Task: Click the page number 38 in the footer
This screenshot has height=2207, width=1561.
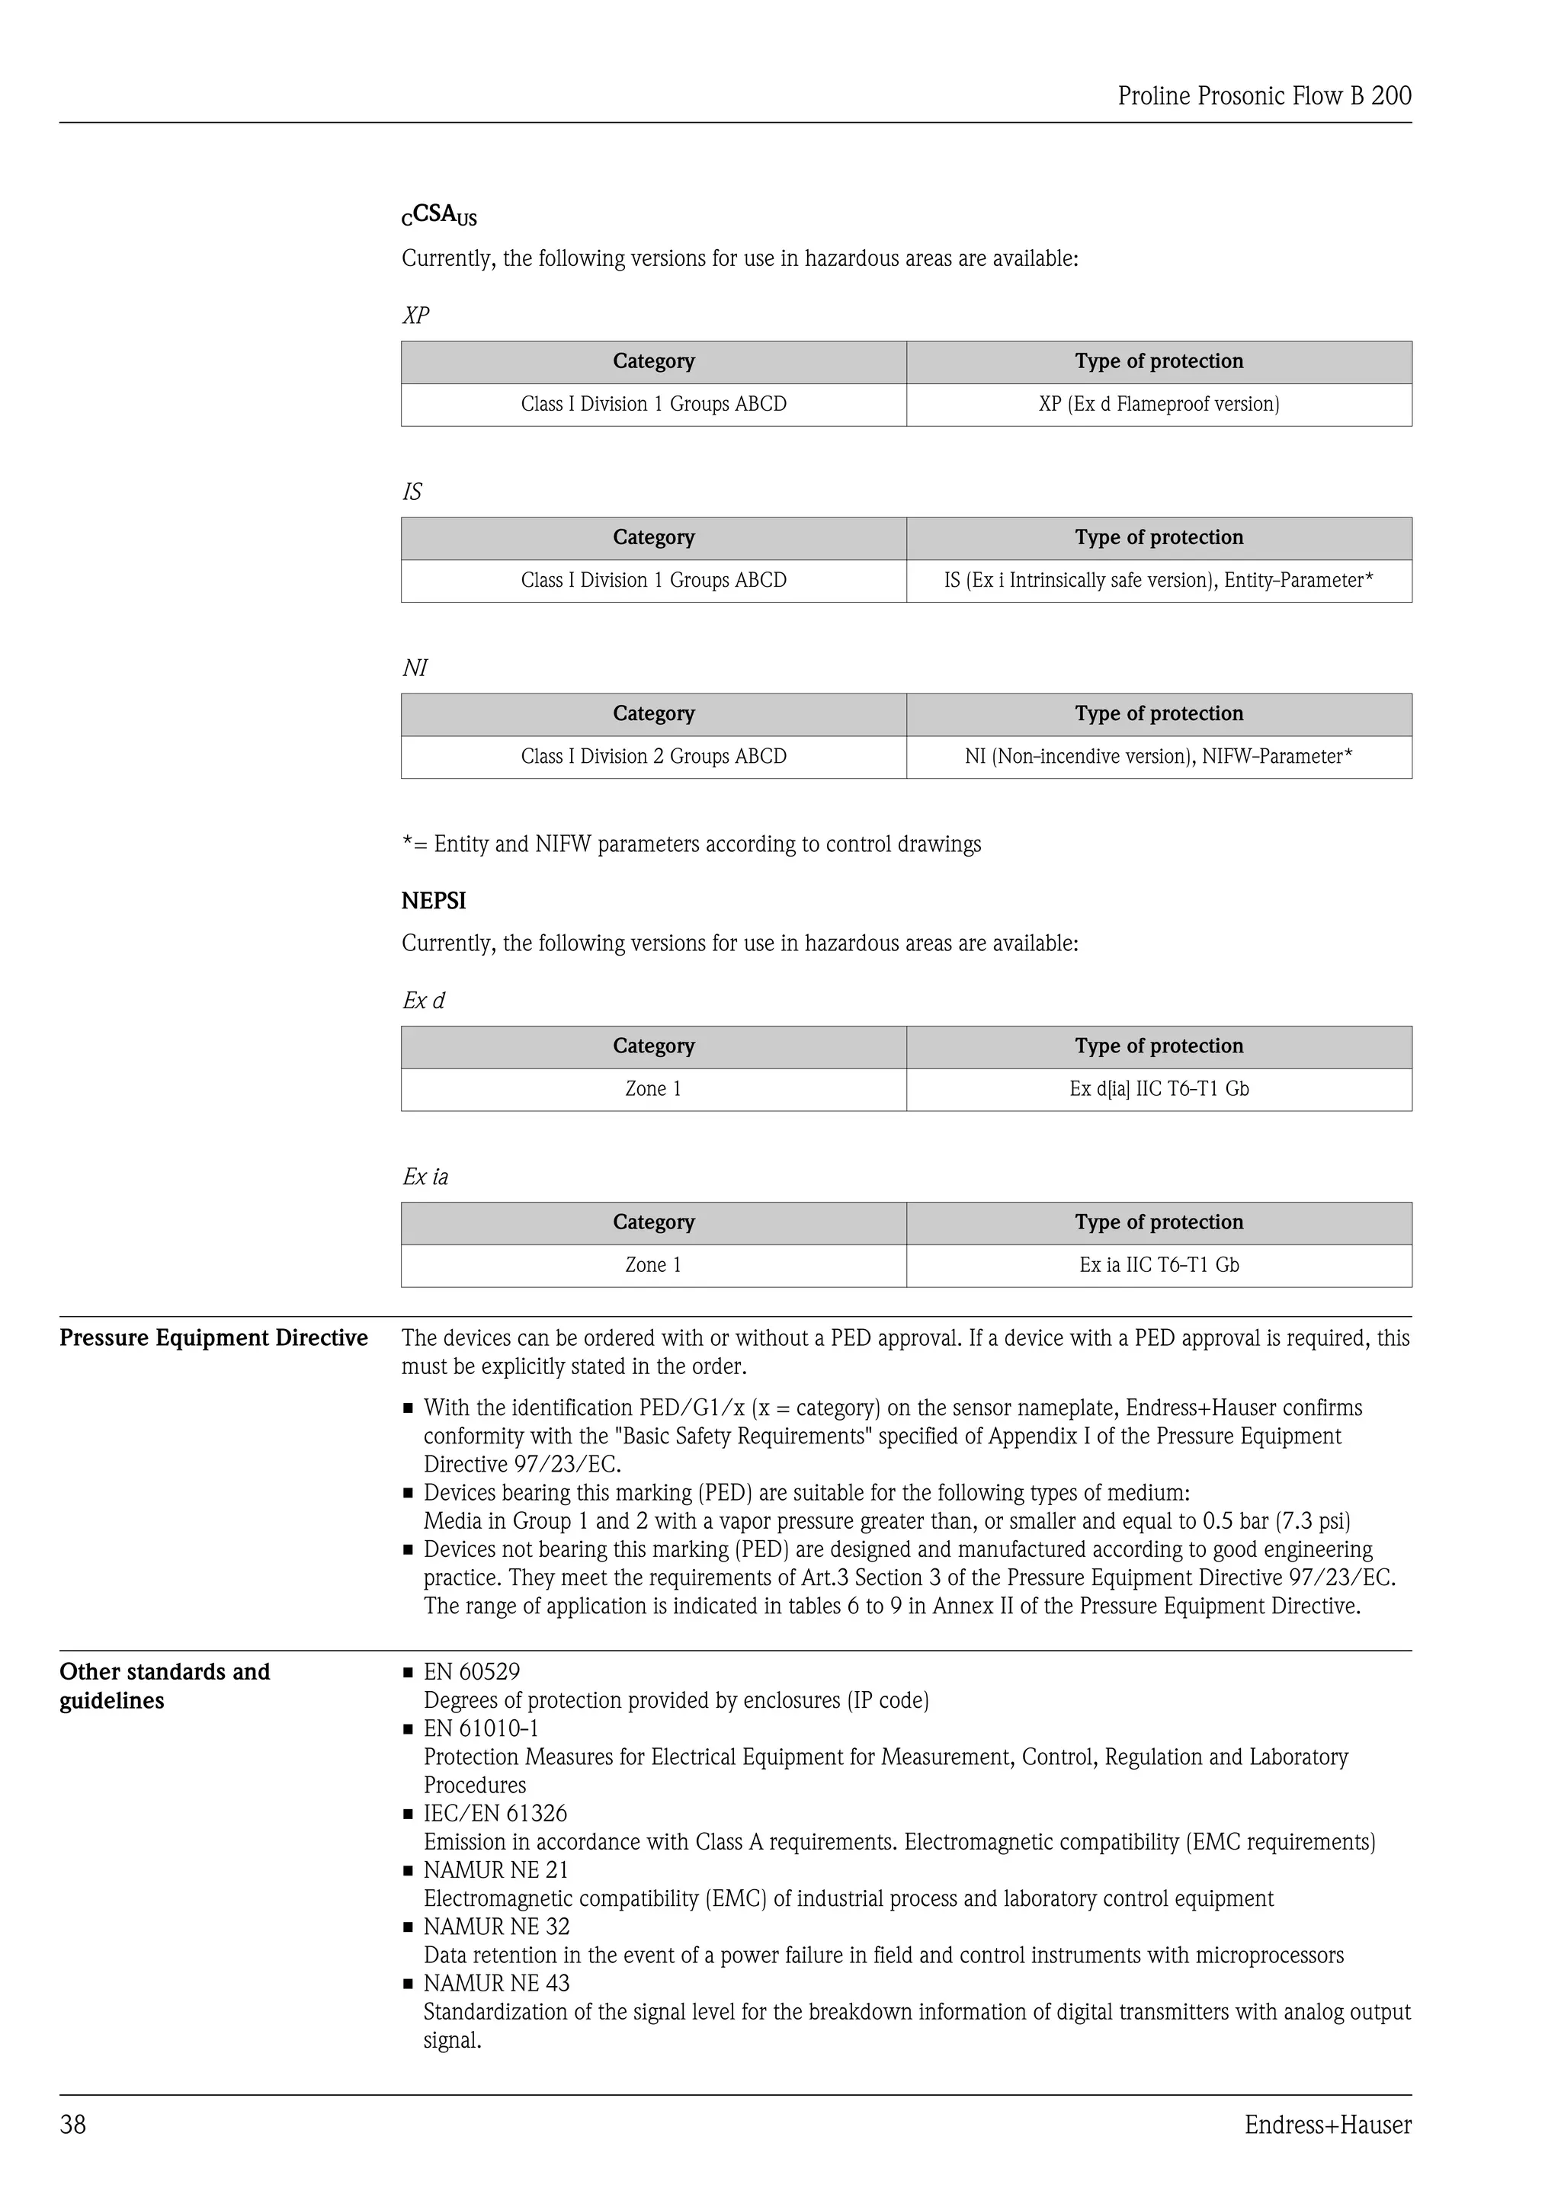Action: pyautogui.click(x=73, y=2123)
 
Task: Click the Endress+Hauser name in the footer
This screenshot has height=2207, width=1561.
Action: pyautogui.click(x=1328, y=2123)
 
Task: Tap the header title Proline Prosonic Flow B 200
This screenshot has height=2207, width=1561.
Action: pyautogui.click(x=1264, y=95)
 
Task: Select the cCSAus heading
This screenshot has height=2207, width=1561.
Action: pyautogui.click(x=439, y=216)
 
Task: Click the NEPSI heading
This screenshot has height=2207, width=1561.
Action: pyautogui.click(x=434, y=901)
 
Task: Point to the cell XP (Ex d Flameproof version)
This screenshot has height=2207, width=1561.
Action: pyautogui.click(x=1159, y=404)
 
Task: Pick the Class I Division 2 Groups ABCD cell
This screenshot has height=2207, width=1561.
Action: pyautogui.click(x=654, y=757)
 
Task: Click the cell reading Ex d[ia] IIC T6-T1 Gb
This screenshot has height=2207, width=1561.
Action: pyautogui.click(x=1159, y=1089)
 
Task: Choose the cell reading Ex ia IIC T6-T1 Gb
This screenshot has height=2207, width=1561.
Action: pyautogui.click(x=1159, y=1265)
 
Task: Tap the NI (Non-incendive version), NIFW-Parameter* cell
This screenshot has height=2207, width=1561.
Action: pyautogui.click(x=1159, y=757)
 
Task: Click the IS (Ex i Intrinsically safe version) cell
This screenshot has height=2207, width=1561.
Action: pyautogui.click(x=1159, y=581)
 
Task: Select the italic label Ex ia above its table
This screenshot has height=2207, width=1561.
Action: pyautogui.click(x=425, y=1177)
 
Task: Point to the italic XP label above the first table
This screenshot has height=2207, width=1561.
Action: pyautogui.click(x=415, y=316)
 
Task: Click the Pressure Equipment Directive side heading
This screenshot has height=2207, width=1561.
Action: pyautogui.click(x=213, y=1338)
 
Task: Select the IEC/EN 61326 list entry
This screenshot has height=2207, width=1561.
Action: pyautogui.click(x=495, y=1814)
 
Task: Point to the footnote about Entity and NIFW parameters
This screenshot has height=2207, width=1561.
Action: pyautogui.click(x=691, y=844)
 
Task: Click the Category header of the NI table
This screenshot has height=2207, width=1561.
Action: pyautogui.click(x=654, y=713)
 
